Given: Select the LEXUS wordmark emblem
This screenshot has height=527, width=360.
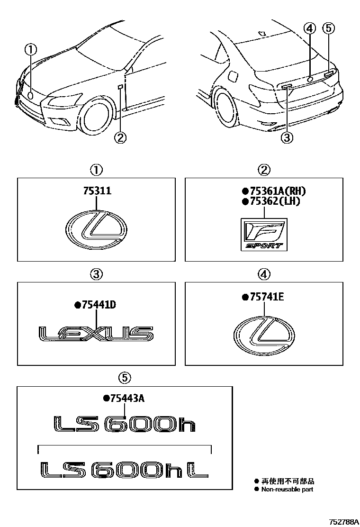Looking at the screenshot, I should [96, 334].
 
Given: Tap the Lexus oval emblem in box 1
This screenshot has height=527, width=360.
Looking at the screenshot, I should [96, 230].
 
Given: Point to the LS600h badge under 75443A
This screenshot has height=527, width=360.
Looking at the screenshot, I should [124, 424].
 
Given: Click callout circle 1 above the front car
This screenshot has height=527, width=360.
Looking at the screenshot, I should [30, 49].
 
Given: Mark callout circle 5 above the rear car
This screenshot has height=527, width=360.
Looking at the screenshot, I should [328, 28].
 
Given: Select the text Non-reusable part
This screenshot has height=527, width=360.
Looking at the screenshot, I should [287, 489].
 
